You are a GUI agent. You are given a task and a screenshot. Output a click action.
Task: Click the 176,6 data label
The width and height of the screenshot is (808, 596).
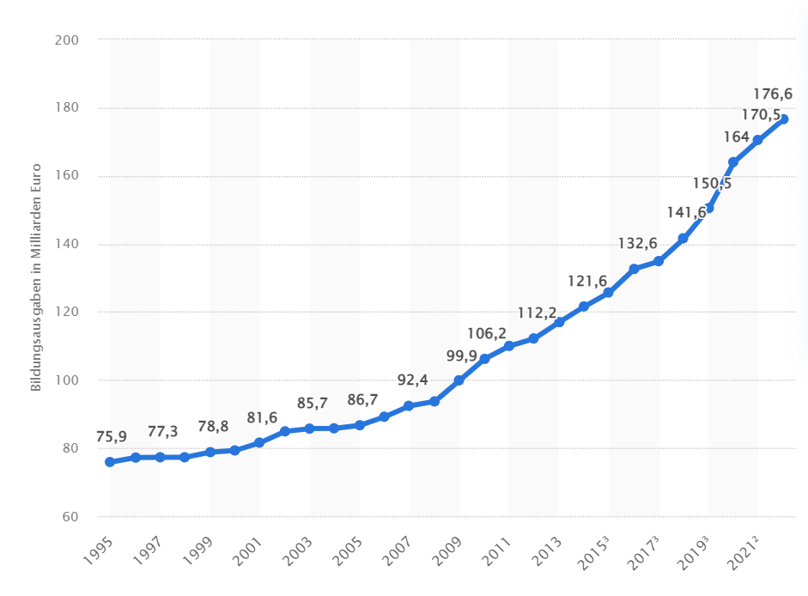coord(772,94)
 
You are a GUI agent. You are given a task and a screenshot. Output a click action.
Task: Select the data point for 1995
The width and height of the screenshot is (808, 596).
coord(110,462)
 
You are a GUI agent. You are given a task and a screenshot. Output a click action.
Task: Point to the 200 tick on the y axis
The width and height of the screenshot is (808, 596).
coord(67,40)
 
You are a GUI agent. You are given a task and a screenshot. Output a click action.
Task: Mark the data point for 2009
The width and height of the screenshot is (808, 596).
coord(459,380)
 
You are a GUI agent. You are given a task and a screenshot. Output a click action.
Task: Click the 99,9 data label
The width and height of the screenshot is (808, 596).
coord(460,356)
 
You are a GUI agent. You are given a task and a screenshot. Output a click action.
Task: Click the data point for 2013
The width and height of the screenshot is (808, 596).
coord(559,322)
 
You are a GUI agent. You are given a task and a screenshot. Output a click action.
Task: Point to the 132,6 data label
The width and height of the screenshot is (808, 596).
coord(637,244)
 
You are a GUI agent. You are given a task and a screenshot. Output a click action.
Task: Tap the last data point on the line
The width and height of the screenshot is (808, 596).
coord(783,119)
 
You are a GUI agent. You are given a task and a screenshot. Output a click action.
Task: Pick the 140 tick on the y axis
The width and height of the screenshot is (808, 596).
coord(67,245)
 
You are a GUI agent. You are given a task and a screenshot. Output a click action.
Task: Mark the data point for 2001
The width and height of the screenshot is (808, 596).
coord(259,442)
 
